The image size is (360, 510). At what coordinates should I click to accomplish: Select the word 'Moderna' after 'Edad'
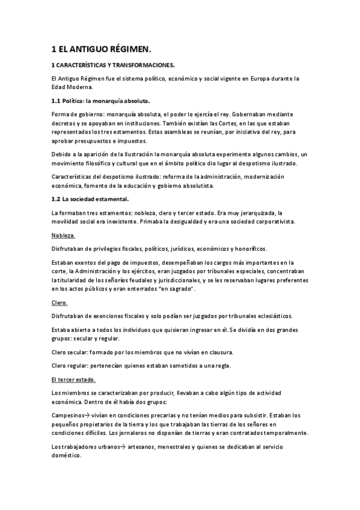pyautogui.click(x=79, y=87)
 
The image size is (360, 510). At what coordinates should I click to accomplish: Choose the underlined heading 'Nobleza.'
pyautogui.click(x=64, y=236)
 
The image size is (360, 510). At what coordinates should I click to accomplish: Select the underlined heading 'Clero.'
pyautogui.click(x=60, y=303)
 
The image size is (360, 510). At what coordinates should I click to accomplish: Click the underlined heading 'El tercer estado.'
pyautogui.click(x=74, y=379)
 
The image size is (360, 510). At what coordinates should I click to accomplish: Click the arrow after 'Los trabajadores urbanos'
pyautogui.click(x=118, y=447)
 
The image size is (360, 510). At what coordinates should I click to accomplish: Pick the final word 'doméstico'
pyautogui.click(x=70, y=456)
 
